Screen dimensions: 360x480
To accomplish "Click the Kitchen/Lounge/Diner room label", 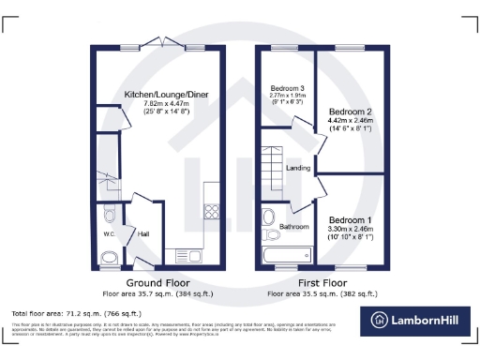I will coord(158,96).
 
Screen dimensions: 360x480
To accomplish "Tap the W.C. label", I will coord(109,234).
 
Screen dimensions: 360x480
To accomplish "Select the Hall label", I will coord(143,234).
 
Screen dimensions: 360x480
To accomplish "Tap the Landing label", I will coord(298,169).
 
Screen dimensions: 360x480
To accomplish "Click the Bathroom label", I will coord(295,227).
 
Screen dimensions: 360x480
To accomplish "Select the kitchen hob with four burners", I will coord(212,212).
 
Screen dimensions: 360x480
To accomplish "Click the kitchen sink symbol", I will coord(195,255).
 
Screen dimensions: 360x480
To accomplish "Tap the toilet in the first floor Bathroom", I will coord(268,214).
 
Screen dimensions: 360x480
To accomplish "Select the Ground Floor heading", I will coord(159,281).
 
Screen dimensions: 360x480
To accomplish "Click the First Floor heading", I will coord(322,281).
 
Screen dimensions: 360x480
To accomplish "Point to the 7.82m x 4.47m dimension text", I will coord(158,105).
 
